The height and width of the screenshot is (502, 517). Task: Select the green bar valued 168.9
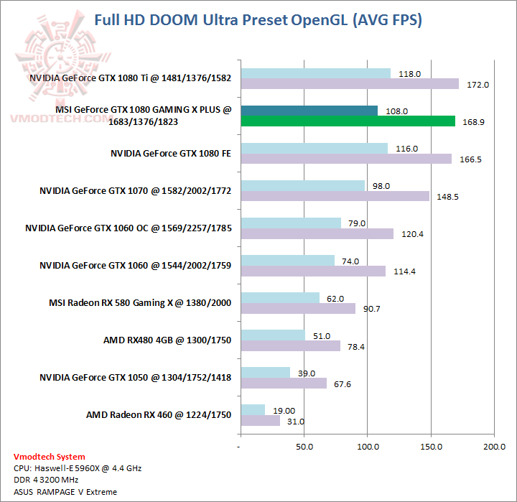click(x=348, y=121)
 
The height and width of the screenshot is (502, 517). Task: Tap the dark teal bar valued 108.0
click(x=309, y=111)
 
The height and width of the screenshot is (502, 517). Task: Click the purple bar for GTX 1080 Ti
click(x=350, y=84)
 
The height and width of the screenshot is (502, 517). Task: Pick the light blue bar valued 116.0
click(x=315, y=148)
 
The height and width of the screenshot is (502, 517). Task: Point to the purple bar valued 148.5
click(x=335, y=196)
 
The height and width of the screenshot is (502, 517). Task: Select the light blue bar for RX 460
click(x=253, y=410)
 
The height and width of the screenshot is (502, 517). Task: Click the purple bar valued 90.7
click(x=298, y=308)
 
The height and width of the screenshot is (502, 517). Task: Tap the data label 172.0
click(x=478, y=85)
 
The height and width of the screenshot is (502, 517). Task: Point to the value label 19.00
click(x=282, y=411)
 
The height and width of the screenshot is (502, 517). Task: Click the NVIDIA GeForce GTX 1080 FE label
click(x=171, y=153)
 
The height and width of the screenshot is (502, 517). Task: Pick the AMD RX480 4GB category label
click(x=167, y=340)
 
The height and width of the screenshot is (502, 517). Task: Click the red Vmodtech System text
click(x=50, y=457)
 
